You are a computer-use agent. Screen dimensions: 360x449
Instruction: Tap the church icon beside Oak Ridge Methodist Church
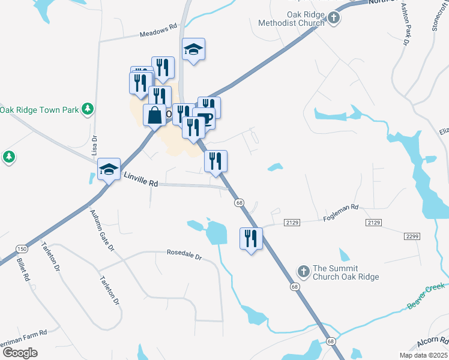335,19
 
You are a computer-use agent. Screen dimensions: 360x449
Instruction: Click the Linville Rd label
140,180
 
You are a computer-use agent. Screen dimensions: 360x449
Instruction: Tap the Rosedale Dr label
184,256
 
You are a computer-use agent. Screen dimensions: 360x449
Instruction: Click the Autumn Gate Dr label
98,230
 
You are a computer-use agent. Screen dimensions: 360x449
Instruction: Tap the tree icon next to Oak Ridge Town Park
88,109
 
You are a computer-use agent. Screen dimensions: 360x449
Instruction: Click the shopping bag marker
154,115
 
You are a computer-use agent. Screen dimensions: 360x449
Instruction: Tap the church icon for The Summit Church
303,272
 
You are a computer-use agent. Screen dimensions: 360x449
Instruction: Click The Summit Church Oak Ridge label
346,272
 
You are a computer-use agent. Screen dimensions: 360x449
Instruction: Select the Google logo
20,353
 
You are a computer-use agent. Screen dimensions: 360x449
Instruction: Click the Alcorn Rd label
432,343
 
